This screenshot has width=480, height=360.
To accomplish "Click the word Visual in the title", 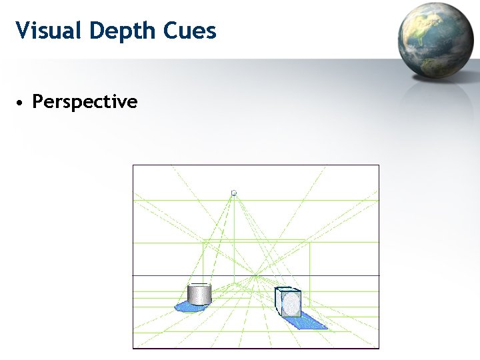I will click(50, 31).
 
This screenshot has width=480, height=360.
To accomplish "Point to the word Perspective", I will click(85, 102).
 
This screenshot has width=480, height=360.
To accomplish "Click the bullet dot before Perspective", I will click(21, 103).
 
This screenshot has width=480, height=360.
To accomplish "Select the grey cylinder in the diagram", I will click(199, 294).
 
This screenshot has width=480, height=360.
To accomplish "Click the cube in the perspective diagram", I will click(288, 301).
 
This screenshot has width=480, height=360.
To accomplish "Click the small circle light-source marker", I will click(233, 193).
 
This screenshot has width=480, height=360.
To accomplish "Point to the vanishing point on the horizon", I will click(256, 275).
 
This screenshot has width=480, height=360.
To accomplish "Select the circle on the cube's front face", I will click(291, 304).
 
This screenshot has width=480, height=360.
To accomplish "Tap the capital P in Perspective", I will click(38, 102).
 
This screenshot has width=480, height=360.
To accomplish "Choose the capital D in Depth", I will click(99, 31).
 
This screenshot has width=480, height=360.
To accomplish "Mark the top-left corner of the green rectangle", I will click(203, 243).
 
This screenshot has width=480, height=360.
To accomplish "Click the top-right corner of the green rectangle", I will click(310, 243).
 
